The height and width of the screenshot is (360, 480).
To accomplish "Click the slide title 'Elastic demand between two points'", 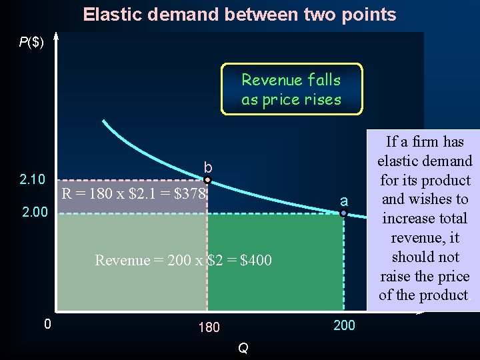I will tap(239, 15).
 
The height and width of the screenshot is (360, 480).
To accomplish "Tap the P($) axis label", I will tap(31, 43).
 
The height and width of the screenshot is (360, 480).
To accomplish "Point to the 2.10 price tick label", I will tap(33, 179).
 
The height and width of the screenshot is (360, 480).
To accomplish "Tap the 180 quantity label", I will tap(209, 327).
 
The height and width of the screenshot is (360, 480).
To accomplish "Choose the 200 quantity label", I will tap(344, 325).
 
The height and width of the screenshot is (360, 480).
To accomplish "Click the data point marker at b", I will tap(207, 180).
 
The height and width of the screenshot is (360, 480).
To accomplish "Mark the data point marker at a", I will tap(343, 213).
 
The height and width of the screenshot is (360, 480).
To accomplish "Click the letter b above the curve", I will tap(208, 167).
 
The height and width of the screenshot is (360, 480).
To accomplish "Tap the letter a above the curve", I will tap(343, 201).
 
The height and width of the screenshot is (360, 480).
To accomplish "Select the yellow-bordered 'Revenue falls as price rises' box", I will tap(291, 89).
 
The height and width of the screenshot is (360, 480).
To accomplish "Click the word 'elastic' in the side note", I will tap(399, 161).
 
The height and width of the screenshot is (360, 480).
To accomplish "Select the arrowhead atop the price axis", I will tap(56, 37).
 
